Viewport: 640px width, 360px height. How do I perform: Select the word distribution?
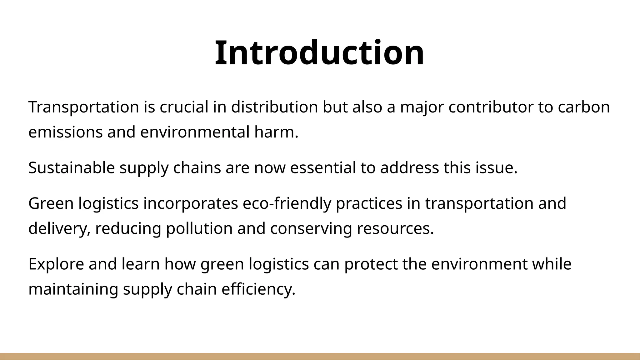[x=274, y=107]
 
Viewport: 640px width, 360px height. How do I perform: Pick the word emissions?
[x=65, y=132]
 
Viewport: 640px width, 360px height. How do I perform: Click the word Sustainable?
[x=72, y=168]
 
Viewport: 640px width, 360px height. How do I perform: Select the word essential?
[x=323, y=168]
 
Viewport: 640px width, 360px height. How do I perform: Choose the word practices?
[x=369, y=203]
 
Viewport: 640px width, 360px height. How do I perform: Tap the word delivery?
[x=59, y=228]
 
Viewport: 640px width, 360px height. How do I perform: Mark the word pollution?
[x=199, y=228]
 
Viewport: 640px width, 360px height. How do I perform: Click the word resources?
[x=395, y=228]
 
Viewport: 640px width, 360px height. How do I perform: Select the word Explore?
[x=56, y=264]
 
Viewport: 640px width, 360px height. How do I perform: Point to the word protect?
[x=371, y=264]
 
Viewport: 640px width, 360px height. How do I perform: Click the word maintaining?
[x=73, y=289]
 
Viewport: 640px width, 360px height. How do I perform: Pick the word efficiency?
[x=258, y=289]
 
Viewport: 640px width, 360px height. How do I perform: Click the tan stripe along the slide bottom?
[x=320, y=356]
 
